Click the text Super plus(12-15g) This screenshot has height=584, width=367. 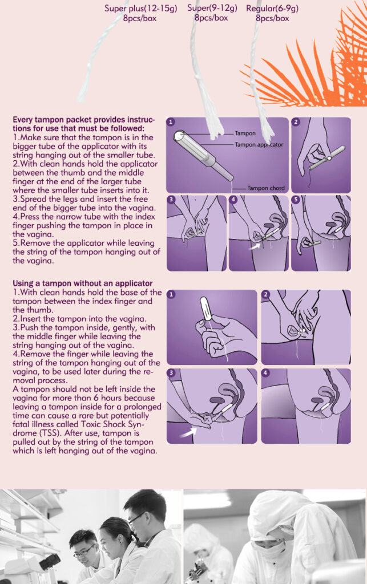140,8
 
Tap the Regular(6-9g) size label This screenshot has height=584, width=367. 272,8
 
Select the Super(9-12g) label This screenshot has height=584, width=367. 212,8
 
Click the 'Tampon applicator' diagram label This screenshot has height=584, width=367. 259,144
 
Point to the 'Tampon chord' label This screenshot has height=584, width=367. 266,188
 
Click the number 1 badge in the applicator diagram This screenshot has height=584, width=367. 171,122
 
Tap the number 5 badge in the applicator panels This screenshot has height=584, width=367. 296,199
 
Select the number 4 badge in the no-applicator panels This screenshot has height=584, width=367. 265,373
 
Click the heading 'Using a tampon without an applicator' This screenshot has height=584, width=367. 83,283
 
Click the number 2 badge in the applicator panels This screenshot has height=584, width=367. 296,122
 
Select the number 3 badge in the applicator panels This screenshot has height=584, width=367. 171,199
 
